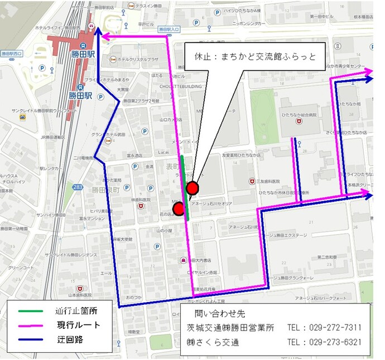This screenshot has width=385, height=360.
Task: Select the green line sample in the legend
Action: coord(28,310)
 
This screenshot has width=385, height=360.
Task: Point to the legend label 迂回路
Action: coord(70,340)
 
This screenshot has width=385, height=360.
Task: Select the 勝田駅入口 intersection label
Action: coord(168,30)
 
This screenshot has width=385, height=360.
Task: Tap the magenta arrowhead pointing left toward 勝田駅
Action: coord(104,37)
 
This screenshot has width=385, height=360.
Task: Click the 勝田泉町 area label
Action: coord(102,190)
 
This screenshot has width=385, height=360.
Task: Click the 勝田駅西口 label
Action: coord(12,53)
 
